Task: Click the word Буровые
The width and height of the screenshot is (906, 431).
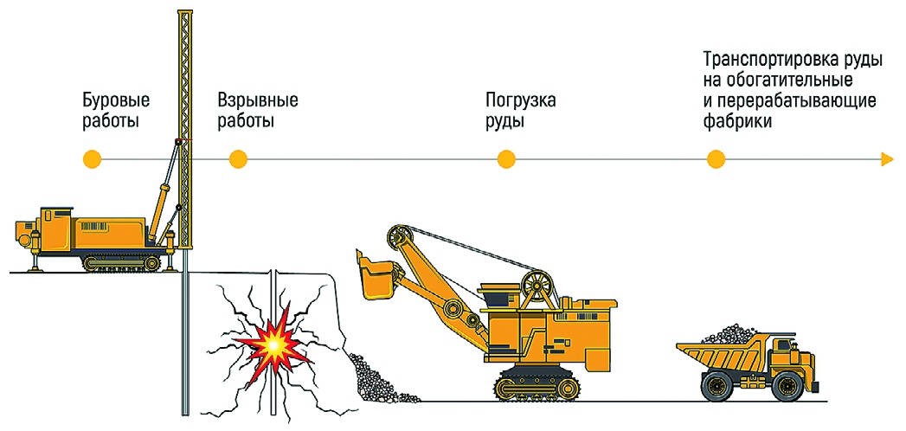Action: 110,100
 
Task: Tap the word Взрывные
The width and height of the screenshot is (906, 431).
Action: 258,100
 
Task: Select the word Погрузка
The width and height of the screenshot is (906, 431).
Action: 520,100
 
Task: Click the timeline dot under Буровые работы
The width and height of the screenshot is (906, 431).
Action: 93,159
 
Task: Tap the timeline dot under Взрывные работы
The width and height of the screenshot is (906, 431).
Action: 238,159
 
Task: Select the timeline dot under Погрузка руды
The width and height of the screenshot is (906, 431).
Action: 506,159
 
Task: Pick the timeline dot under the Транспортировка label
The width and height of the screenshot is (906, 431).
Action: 715,159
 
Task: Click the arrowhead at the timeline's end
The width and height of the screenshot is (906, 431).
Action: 886,159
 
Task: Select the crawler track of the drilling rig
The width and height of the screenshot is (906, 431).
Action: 121,261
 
